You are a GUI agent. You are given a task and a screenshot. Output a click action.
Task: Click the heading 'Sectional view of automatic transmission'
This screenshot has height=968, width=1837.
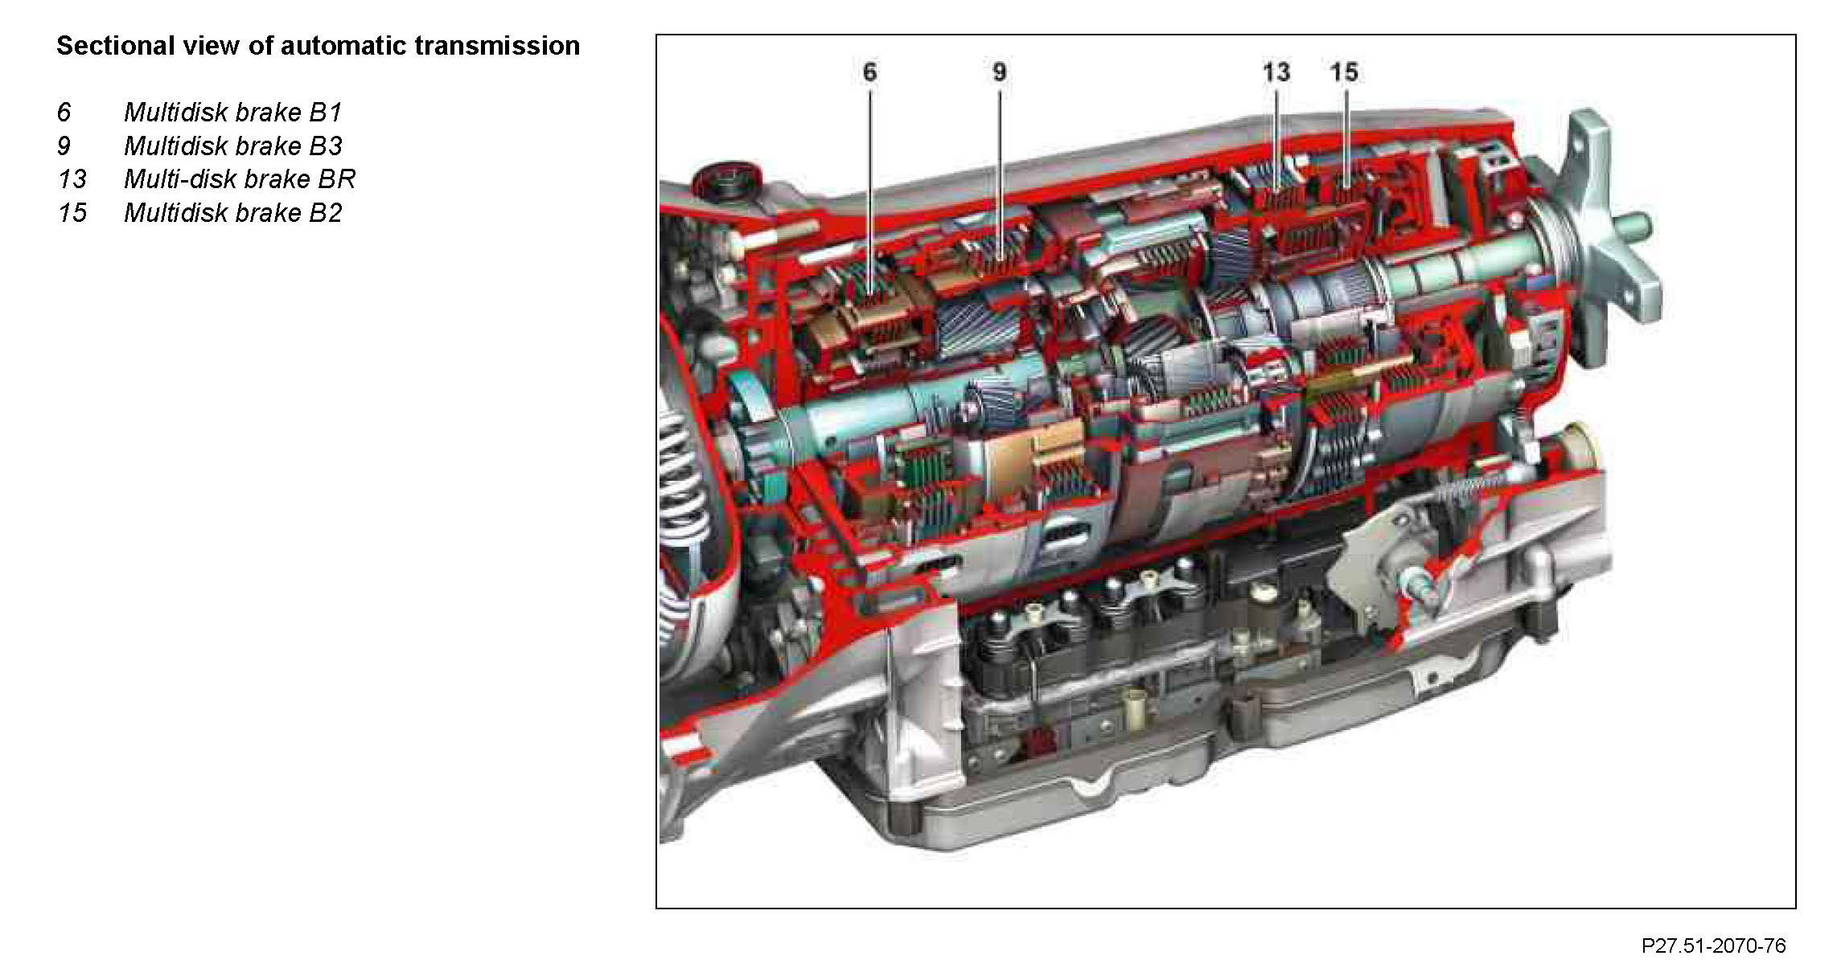[318, 46]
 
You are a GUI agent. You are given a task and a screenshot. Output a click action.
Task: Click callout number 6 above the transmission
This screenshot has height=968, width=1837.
[869, 72]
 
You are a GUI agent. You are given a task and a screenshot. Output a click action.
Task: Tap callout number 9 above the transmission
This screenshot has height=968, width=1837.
[1000, 72]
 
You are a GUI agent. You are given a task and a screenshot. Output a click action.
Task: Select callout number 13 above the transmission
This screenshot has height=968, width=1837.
[1276, 72]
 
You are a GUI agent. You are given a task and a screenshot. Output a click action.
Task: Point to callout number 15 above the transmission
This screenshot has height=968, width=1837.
[1344, 72]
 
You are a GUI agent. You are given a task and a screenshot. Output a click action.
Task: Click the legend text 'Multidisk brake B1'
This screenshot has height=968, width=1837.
[233, 112]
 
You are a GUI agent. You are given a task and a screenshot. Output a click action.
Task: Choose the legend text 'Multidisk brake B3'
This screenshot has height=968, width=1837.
[233, 146]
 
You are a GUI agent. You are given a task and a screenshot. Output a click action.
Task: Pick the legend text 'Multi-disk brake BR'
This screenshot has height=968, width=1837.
[240, 178]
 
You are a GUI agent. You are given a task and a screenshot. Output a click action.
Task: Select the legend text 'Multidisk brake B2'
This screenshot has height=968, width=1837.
[233, 212]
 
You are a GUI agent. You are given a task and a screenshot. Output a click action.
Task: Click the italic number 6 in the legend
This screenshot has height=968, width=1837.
[64, 112]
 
